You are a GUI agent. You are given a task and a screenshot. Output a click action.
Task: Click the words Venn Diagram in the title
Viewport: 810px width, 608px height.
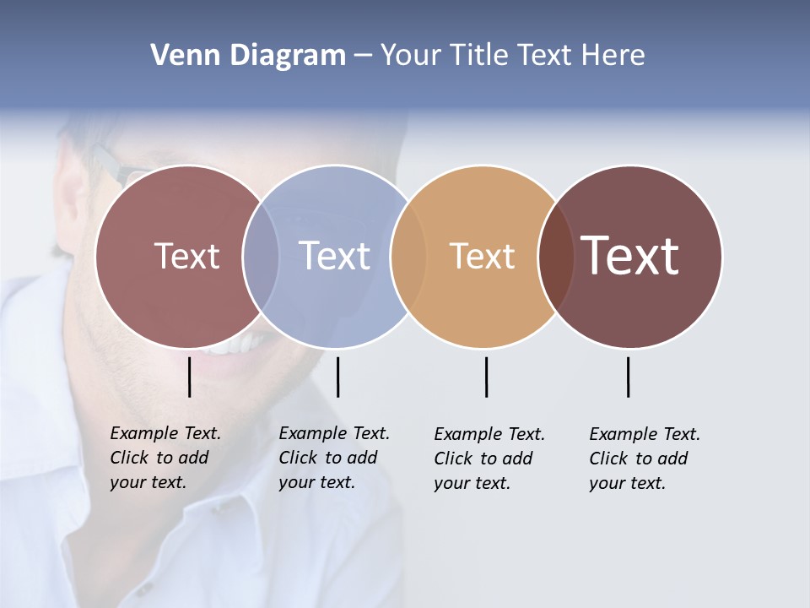248,56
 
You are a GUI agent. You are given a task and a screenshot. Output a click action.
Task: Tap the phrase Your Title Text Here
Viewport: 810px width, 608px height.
512,56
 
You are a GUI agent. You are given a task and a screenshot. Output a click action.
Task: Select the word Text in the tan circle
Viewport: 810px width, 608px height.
482,257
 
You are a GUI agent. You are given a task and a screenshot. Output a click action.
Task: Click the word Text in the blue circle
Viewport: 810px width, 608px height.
334,256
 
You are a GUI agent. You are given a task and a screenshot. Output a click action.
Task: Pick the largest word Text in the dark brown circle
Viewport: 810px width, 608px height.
630,256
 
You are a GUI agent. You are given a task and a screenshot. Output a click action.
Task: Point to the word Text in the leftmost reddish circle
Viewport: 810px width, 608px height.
186,256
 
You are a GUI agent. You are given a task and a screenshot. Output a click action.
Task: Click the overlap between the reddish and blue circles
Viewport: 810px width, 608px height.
261,256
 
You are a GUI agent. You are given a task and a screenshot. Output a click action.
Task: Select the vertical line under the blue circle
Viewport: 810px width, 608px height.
337,377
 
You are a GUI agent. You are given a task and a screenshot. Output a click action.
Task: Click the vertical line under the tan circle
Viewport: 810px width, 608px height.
486,377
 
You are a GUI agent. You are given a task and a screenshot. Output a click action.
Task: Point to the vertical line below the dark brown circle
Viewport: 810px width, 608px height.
629,377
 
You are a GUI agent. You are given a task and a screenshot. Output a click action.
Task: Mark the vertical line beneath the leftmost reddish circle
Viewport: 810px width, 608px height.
190,377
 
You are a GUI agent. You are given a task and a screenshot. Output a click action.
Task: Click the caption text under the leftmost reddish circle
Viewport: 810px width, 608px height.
165,458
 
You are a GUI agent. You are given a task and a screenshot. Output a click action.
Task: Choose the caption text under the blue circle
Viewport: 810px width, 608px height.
333,458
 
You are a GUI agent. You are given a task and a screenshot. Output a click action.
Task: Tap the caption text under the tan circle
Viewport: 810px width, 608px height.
489,459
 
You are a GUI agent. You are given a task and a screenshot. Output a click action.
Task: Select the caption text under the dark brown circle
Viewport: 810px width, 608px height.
644,459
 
